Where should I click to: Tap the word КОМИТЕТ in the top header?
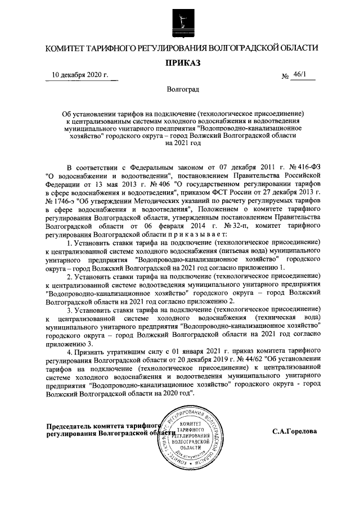[69, 48]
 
